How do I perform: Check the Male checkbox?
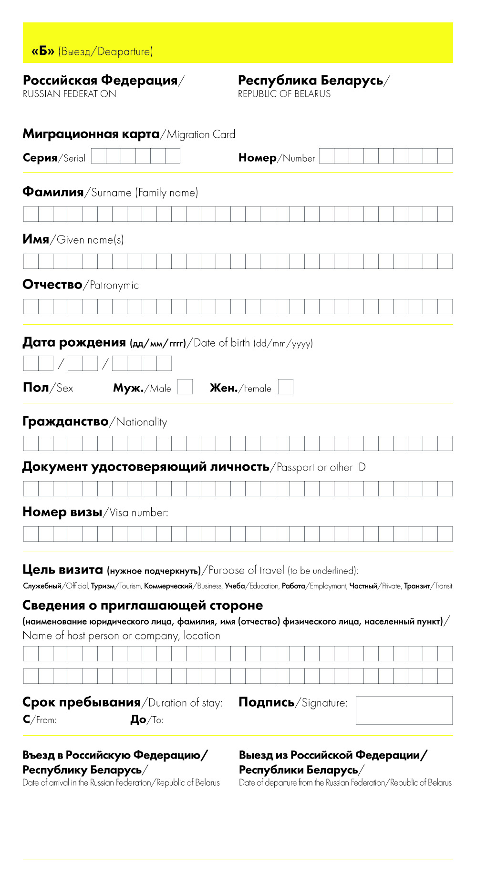click(185, 387)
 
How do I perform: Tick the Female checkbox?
click(285, 387)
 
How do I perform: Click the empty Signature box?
click(404, 710)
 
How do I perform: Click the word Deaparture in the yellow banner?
click(124, 51)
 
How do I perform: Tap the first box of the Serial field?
click(99, 156)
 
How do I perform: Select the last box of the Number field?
click(445, 156)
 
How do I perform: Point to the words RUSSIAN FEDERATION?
click(70, 94)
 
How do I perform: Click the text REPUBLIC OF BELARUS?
click(284, 94)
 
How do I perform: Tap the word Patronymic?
click(114, 285)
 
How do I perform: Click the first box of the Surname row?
click(31, 214)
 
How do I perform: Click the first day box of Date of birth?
click(31, 364)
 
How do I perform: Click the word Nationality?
click(142, 422)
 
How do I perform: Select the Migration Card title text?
click(129, 134)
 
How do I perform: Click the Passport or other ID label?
click(321, 467)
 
